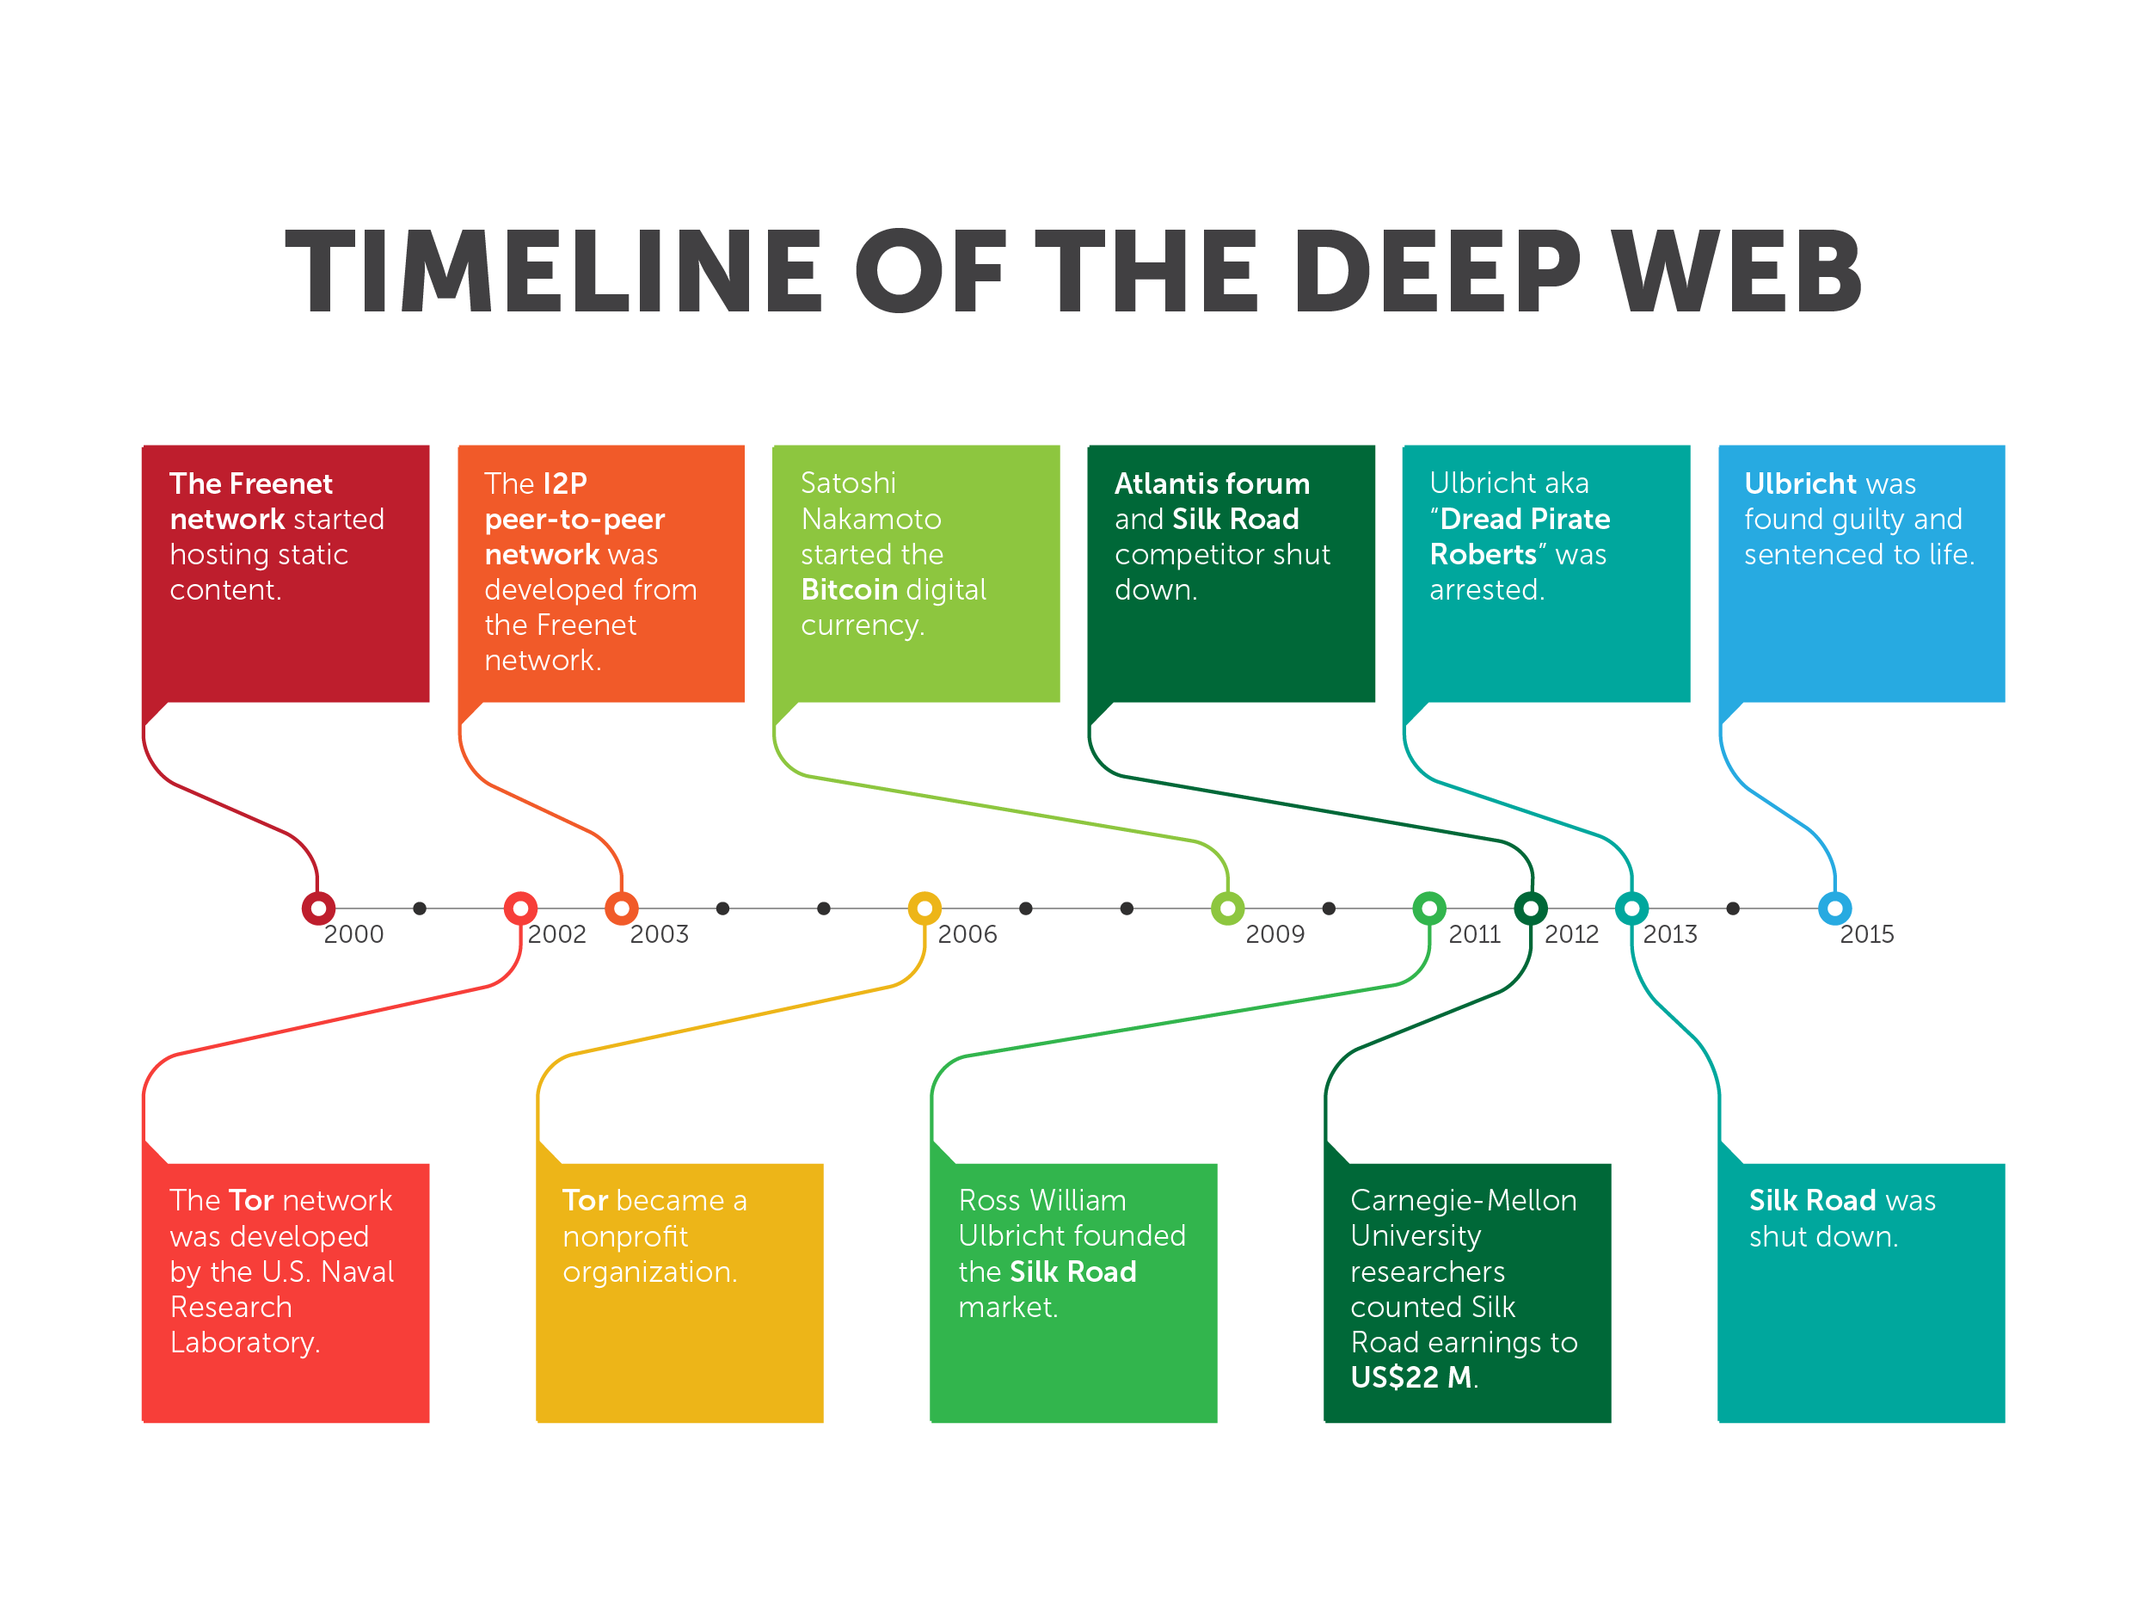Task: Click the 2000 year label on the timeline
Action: coord(353,934)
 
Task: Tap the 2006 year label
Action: coord(967,934)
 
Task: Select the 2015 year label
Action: coord(1866,934)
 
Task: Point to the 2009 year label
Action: coord(1275,934)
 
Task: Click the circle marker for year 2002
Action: coord(521,909)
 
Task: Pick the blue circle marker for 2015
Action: coord(1834,909)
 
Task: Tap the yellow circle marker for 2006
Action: coord(924,909)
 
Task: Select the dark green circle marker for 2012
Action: coord(1531,909)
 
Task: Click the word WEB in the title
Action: coord(1736,272)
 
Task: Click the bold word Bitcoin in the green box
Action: coord(849,590)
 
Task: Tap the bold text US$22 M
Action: coord(1411,1377)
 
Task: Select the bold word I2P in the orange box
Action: coord(565,483)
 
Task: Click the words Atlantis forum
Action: coord(1212,483)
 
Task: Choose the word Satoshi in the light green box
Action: coord(848,483)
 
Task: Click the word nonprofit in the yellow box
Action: coord(625,1237)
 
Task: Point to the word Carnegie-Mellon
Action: coord(1463,1201)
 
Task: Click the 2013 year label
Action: coord(1670,934)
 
